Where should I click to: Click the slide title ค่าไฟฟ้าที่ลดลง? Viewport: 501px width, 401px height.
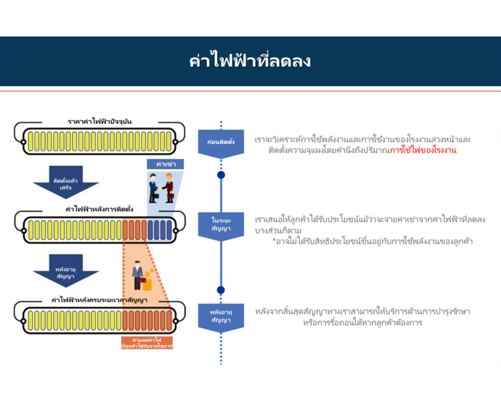[250, 61]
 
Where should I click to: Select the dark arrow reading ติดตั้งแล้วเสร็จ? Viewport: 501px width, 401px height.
[66, 183]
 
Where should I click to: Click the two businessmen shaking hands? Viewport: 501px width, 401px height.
[161, 188]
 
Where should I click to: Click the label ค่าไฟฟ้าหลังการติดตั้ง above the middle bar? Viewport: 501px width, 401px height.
[99, 209]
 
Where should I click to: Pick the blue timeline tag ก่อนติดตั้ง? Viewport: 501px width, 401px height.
[220, 142]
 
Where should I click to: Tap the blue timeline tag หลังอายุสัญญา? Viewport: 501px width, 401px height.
[220, 316]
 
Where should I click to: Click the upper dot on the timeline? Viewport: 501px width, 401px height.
[220, 175]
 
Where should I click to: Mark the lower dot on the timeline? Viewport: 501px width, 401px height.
[220, 290]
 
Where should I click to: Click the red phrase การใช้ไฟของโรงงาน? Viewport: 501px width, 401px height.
[422, 151]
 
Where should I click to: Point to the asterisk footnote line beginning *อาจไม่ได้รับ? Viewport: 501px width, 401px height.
[372, 241]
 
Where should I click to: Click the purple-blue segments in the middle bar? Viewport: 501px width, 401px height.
[160, 229]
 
